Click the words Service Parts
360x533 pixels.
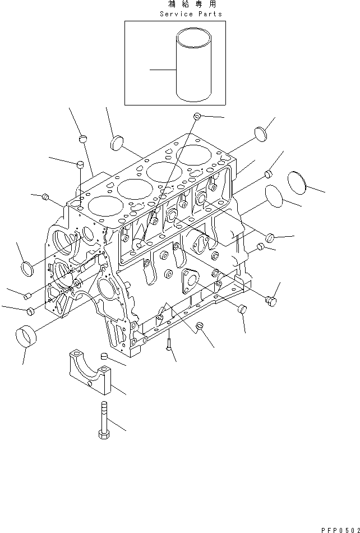pyautogui.click(x=191, y=13)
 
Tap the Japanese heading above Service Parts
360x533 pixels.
pyautogui.click(x=191, y=4)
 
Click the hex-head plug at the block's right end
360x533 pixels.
pyautogui.click(x=271, y=302)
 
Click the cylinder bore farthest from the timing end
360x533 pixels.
pyautogui.click(x=191, y=155)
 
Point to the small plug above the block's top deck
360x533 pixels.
pyautogui.click(x=197, y=116)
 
